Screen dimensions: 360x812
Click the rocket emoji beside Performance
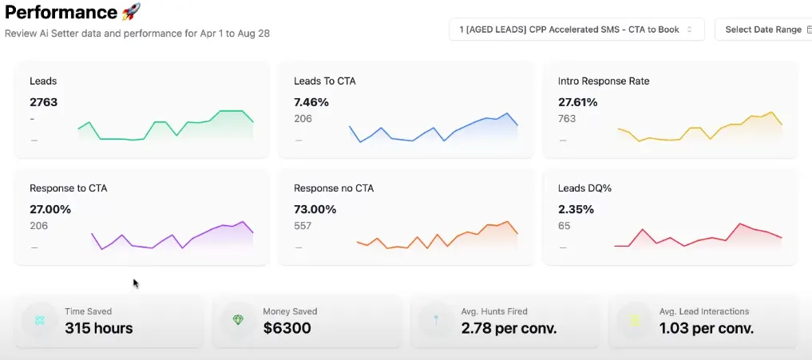click(131, 12)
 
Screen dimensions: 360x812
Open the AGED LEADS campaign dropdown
click(576, 30)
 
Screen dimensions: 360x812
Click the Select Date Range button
click(763, 30)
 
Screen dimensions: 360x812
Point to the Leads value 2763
click(43, 102)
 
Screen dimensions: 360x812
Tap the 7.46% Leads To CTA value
click(311, 102)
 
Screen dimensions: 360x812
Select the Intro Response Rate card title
click(604, 81)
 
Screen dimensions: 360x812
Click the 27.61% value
click(578, 102)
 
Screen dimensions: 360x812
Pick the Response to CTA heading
click(68, 188)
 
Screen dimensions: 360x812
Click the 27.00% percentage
click(50, 210)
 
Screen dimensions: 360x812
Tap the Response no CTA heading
click(334, 188)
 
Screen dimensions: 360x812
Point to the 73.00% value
click(315, 210)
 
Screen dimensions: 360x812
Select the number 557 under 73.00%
click(303, 226)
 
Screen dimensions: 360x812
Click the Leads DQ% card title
click(584, 188)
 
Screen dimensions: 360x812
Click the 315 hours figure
click(99, 328)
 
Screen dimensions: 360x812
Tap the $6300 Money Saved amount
click(287, 328)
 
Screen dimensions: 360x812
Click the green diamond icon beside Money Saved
click(238, 320)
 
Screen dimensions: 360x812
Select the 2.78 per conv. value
click(508, 328)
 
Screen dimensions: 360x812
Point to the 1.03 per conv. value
click(706, 328)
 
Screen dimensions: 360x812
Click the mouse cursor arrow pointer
click(136, 283)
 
